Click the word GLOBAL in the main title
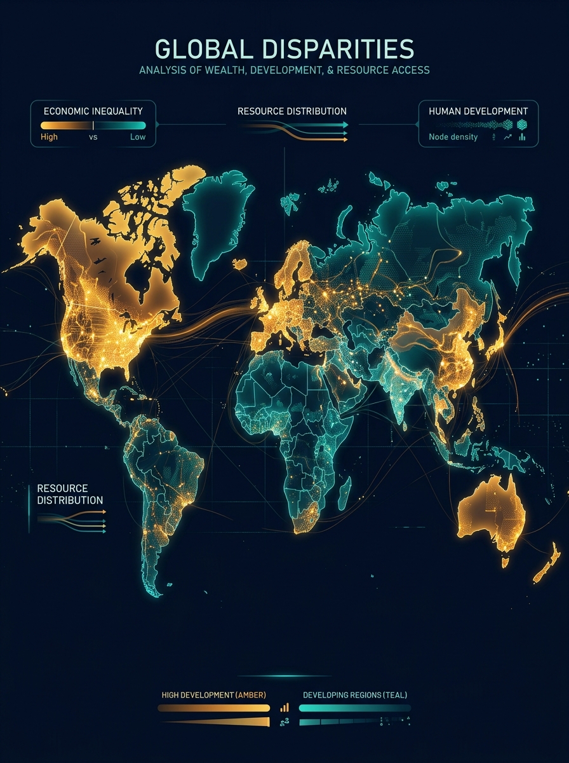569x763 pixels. [203, 50]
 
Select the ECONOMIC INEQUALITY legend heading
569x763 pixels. [93, 111]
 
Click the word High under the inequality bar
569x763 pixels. [49, 137]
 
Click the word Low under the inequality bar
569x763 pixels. [138, 137]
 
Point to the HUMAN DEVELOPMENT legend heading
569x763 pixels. [478, 111]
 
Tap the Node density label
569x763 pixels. [453, 137]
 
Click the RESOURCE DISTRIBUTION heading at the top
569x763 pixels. [292, 111]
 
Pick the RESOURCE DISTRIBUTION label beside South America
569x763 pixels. [69, 494]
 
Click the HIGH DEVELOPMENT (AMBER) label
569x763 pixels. [213, 694]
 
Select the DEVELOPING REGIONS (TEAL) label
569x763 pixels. [355, 694]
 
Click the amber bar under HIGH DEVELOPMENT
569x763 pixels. [214, 708]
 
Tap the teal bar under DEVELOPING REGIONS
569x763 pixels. [354, 708]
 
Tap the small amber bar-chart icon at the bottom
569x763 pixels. [284, 707]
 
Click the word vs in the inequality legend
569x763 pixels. [93, 137]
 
